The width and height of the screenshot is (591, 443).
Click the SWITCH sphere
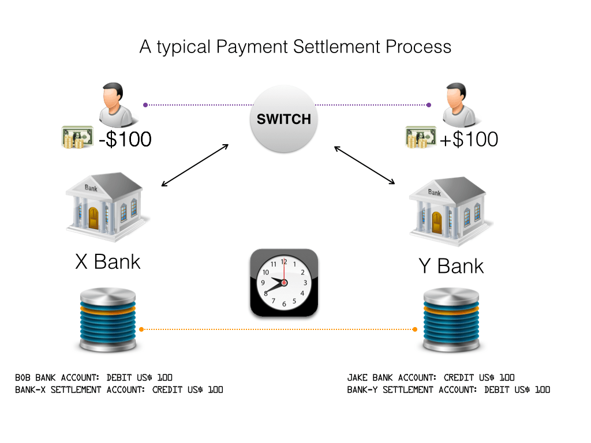pyautogui.click(x=283, y=119)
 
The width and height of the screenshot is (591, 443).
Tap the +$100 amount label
pyautogui.click(x=469, y=139)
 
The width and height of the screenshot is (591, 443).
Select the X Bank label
pyautogui.click(x=108, y=261)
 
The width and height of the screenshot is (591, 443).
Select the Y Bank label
pyautogui.click(x=451, y=266)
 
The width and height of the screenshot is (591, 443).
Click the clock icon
pyautogui.click(x=284, y=283)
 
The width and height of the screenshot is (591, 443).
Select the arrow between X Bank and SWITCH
pyautogui.click(x=195, y=165)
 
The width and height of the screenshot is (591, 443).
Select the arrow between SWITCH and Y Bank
pyautogui.click(x=365, y=165)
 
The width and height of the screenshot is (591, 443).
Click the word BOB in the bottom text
pyautogui.click(x=25, y=378)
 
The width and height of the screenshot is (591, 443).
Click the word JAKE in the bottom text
pyautogui.click(x=358, y=378)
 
